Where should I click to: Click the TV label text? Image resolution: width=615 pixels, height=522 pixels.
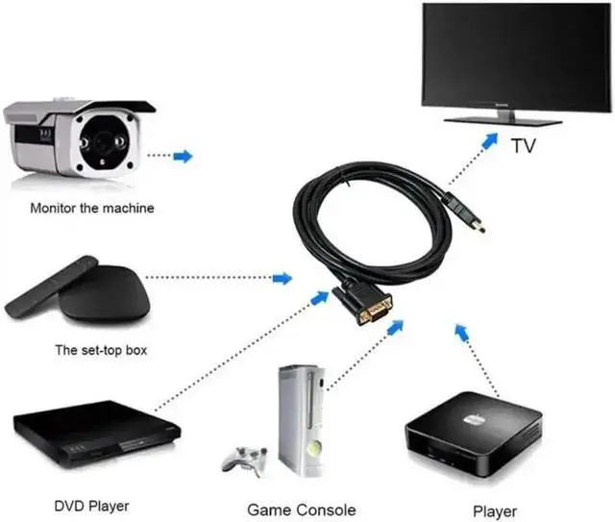click(x=523, y=147)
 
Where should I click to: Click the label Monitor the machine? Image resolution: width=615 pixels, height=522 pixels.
click(x=91, y=207)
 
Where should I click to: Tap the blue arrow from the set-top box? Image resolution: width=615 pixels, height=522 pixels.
click(x=282, y=279)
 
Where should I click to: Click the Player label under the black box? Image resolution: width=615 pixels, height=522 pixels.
click(x=494, y=511)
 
